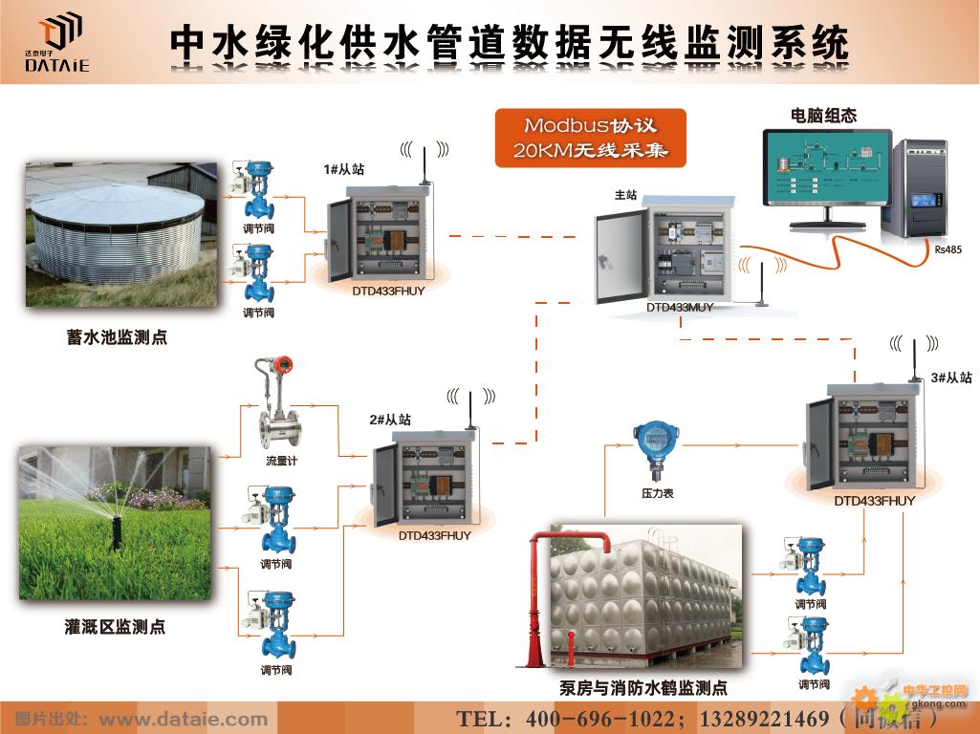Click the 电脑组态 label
click(823, 116)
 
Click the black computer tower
click(921, 190)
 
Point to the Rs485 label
click(946, 249)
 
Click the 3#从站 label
click(950, 378)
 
